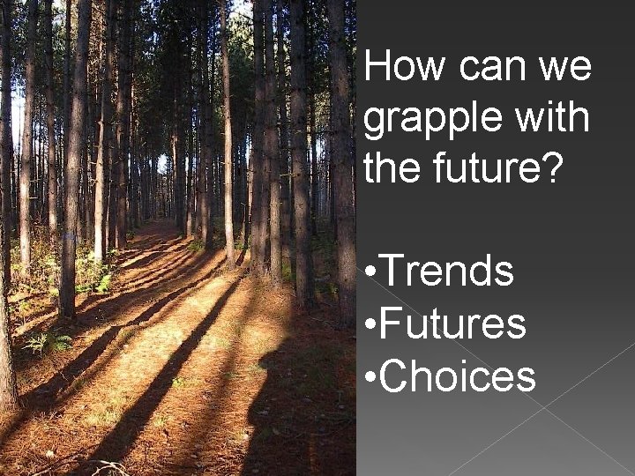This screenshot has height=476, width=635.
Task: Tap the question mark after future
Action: point(549,166)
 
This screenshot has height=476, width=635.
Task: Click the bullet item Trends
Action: point(446,271)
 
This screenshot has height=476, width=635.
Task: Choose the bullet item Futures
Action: point(452,324)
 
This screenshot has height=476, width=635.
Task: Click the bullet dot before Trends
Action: point(370,273)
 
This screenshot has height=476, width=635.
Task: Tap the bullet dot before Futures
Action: point(370,326)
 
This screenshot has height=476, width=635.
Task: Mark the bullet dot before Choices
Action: point(370,379)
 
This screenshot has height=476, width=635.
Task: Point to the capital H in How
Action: point(378,67)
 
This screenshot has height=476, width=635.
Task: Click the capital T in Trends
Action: point(392,271)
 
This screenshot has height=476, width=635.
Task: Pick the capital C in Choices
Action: point(395,376)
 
